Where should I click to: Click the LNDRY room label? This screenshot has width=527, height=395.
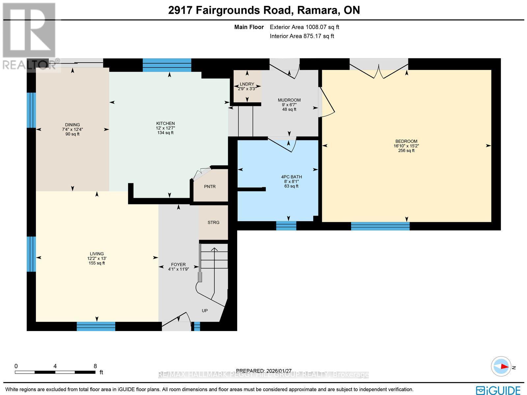(x=247, y=84)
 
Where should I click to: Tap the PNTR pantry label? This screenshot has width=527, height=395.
(x=210, y=187)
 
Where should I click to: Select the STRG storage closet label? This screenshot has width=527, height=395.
(x=213, y=223)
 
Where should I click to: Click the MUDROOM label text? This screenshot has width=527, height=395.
(x=289, y=100)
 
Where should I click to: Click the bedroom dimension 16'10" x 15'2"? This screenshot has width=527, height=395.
(x=406, y=146)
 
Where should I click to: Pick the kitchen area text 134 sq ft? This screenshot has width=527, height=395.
(x=165, y=133)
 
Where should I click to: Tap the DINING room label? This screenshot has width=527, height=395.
(x=72, y=125)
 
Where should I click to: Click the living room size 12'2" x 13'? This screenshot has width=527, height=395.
(x=97, y=258)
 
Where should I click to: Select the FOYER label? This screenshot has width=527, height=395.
(x=178, y=264)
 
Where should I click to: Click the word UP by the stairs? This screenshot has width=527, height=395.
(x=205, y=311)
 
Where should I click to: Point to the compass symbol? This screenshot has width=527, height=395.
(x=501, y=366)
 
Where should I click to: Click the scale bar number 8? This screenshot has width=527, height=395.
(x=95, y=366)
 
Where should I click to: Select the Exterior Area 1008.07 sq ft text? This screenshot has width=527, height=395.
(x=304, y=27)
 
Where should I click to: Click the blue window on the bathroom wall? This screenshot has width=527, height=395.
(x=286, y=226)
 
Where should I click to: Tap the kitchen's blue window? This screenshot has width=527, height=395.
(x=167, y=65)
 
